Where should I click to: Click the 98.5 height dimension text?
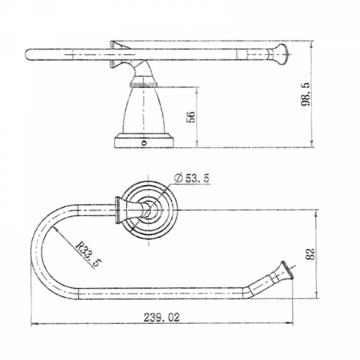click(x=327, y=96)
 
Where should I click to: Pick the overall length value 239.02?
click(x=161, y=317)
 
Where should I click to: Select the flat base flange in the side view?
click(x=142, y=140)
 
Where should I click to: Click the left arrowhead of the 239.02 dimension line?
click(x=34, y=325)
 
